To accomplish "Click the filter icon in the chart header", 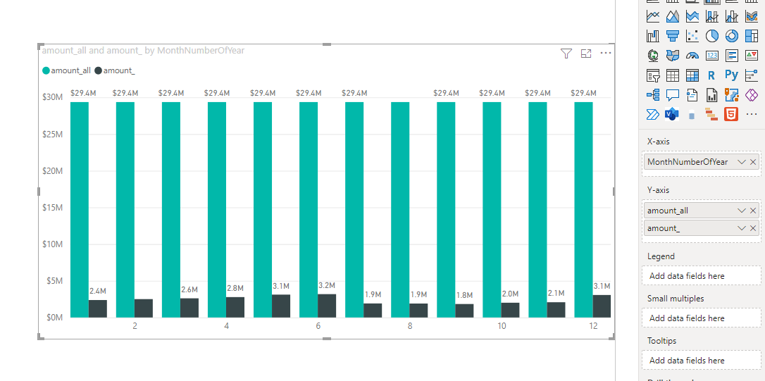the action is click(566, 54).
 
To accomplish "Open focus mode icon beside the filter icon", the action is click(586, 54).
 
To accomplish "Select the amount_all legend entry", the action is click(66, 70).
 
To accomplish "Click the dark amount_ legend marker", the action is click(98, 70).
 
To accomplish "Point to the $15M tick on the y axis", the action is click(53, 207).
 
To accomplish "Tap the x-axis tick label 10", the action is click(502, 326).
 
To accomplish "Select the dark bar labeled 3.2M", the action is click(327, 306).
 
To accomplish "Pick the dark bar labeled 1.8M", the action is click(464, 311).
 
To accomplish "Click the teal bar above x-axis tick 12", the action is click(583, 210).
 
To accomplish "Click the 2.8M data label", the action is click(235, 288).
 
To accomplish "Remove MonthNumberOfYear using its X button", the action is click(753, 162).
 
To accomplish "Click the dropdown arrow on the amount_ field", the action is click(742, 228).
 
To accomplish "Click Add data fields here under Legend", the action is click(687, 276).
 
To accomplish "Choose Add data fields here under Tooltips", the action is click(687, 361).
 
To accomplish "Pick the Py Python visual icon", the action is click(731, 75).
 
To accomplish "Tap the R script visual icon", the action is click(711, 75).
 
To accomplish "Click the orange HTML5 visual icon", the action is click(731, 114).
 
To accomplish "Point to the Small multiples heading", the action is click(676, 299).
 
